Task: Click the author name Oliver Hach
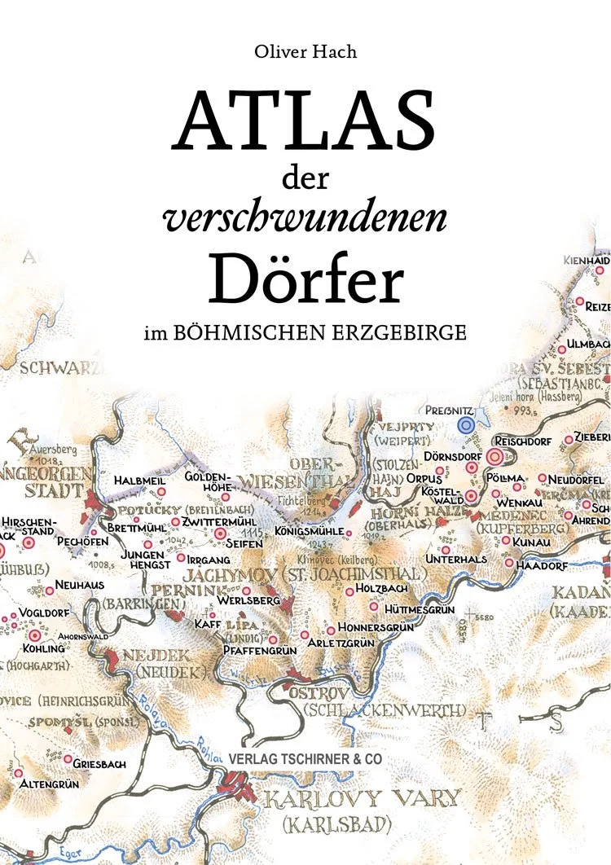tap(305, 53)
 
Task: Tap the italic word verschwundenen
tap(305, 218)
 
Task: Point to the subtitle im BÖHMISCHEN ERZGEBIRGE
tap(305, 333)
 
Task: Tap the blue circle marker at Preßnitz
tap(465, 424)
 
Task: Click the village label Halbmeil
tap(134, 481)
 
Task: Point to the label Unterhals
tap(456, 559)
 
